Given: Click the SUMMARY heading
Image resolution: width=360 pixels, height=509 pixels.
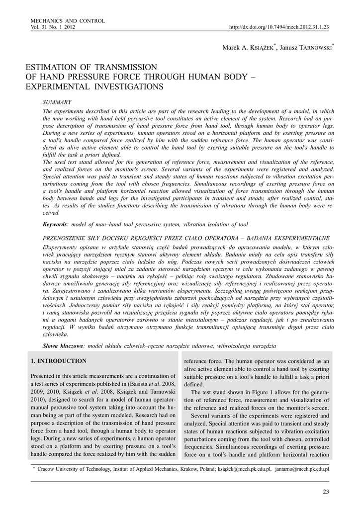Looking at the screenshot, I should click(x=57, y=102).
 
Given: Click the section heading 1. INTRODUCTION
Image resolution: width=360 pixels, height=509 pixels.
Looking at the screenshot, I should click(x=59, y=361).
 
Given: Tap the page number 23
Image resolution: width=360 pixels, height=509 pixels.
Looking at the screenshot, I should click(x=326, y=492).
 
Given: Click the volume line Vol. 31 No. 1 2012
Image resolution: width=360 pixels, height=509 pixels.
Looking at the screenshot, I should click(x=53, y=27).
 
